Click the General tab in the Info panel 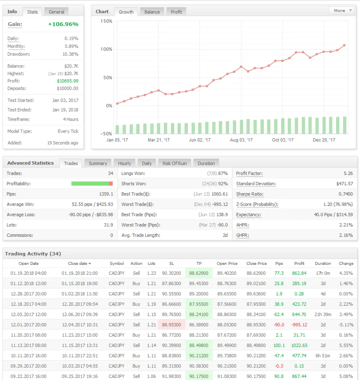coord(57,12)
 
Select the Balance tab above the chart coord(152,12)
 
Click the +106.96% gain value coord(63,24)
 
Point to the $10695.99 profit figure coord(67,81)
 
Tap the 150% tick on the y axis coord(107,21)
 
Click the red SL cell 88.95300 coord(171,325)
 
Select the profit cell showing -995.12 coord(299,325)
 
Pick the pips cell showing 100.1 coord(279,345)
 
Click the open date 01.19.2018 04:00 coord(28,273)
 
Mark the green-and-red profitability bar coord(92,184)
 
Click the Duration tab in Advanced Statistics coord(206,163)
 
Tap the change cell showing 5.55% coord(346,345)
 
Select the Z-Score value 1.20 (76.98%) coord(338,204)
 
